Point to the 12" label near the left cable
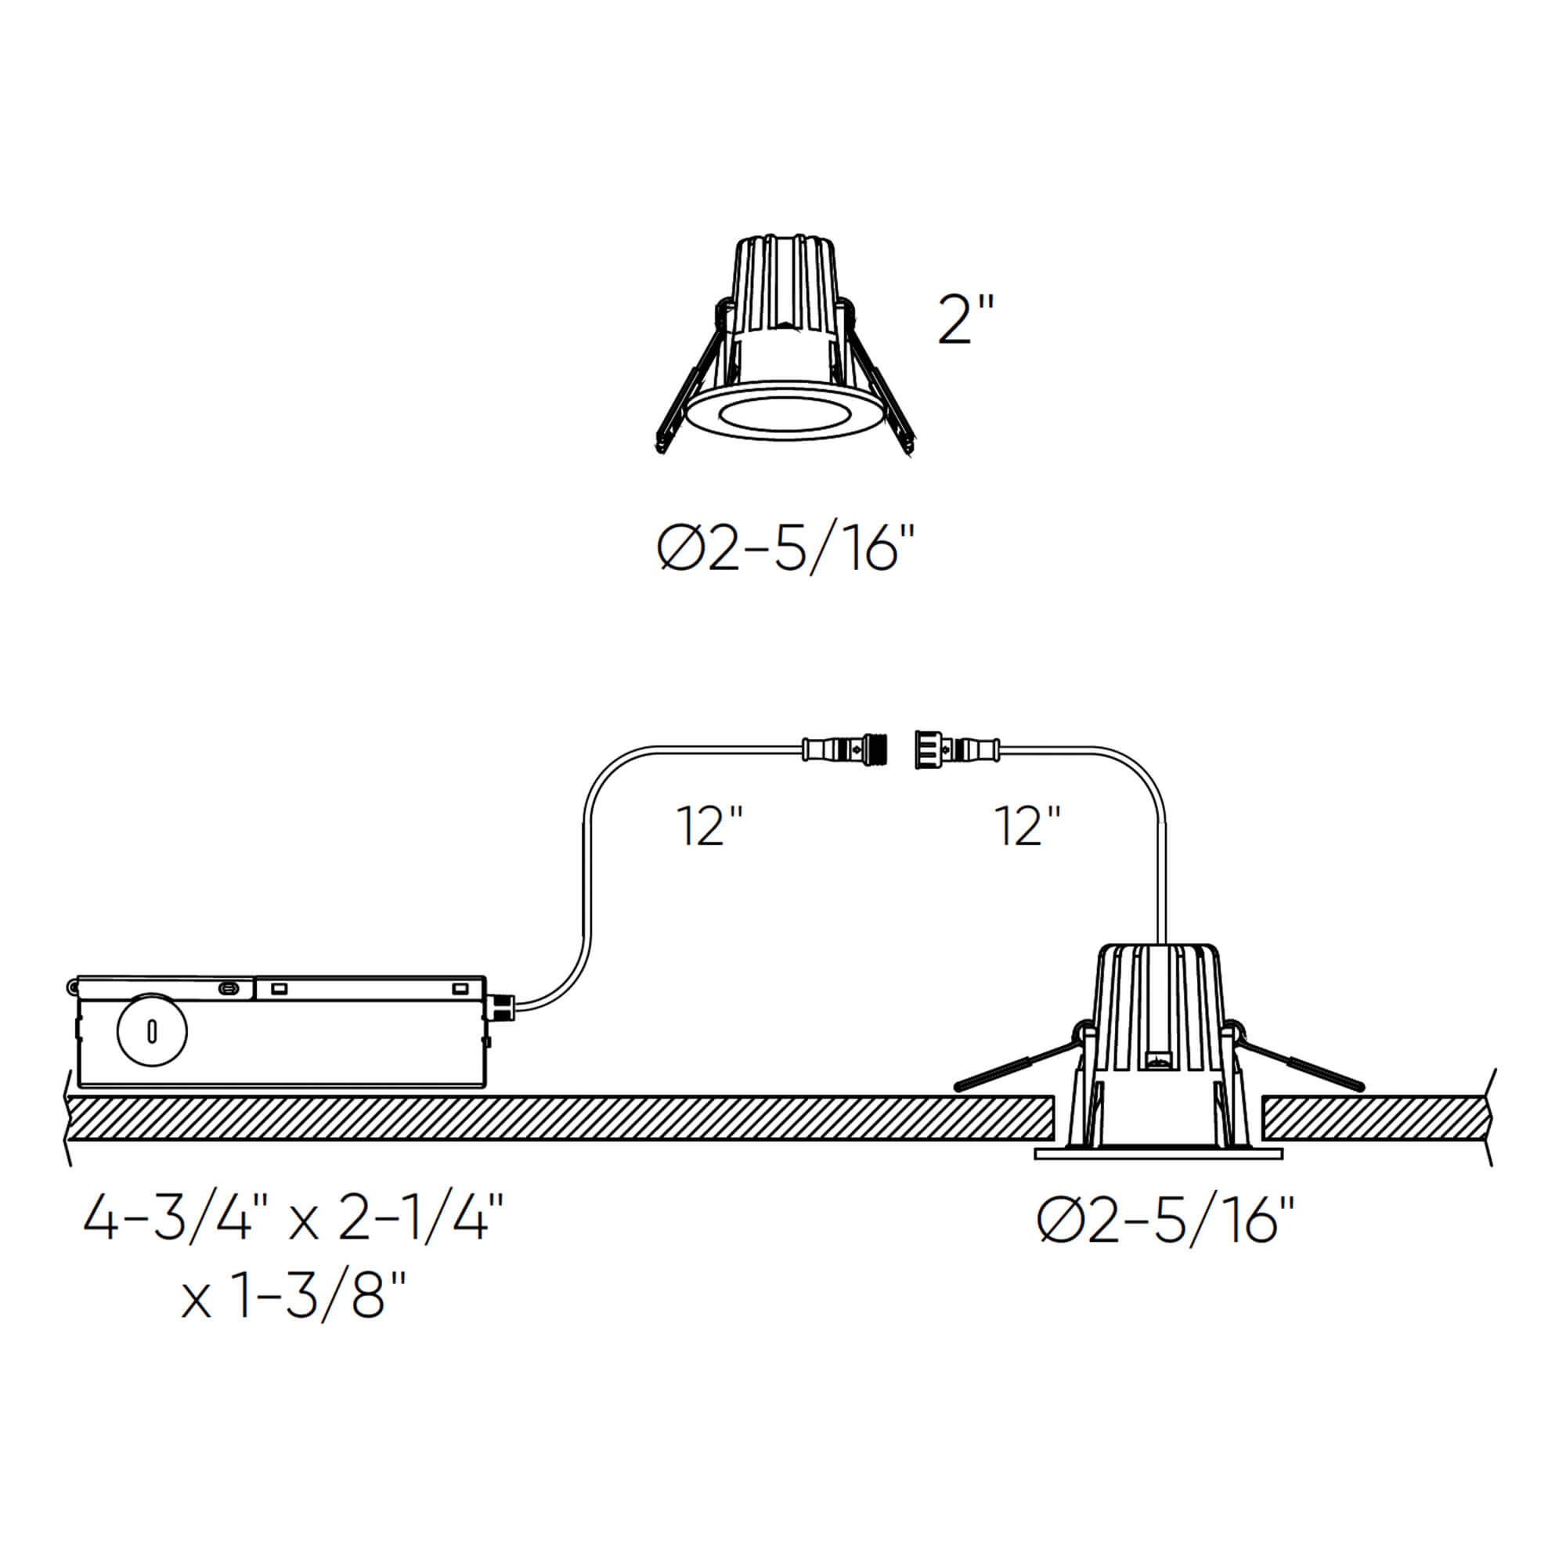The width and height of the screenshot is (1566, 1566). coord(709,827)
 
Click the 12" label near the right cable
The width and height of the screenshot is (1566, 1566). coord(1027,827)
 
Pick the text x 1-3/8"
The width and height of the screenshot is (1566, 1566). coord(294,1295)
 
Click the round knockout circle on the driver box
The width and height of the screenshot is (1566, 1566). coord(152,1032)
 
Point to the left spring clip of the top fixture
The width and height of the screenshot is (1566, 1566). coord(689,389)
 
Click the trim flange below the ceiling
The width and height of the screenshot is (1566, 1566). coord(1158,1153)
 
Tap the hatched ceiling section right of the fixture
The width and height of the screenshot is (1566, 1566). coord(1378,1118)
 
